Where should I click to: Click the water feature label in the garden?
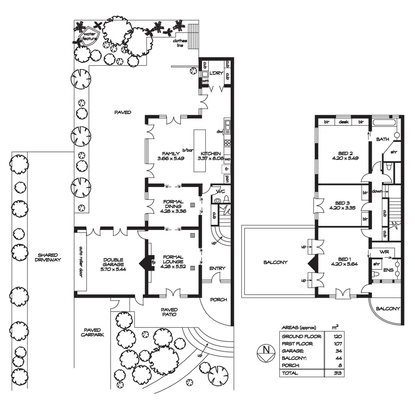tap(90, 36)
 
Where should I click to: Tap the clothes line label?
tap(180, 43)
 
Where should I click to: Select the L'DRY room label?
tap(216, 73)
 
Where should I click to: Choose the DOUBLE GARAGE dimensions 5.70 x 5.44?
tap(113, 269)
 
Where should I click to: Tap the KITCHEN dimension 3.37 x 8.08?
tap(209, 158)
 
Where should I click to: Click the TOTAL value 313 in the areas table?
tap(338, 373)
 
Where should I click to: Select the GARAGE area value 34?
tap(338, 351)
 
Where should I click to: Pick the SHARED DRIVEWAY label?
tap(48, 257)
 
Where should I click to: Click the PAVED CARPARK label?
tap(92, 332)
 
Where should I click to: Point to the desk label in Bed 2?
tap(343, 122)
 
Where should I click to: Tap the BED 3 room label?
tap(342, 203)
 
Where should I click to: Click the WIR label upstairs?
tap(384, 252)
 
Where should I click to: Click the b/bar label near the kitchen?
tap(188, 150)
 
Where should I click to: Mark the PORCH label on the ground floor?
tap(219, 299)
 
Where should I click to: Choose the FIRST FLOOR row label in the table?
tap(297, 344)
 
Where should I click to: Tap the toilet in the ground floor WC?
tap(217, 200)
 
